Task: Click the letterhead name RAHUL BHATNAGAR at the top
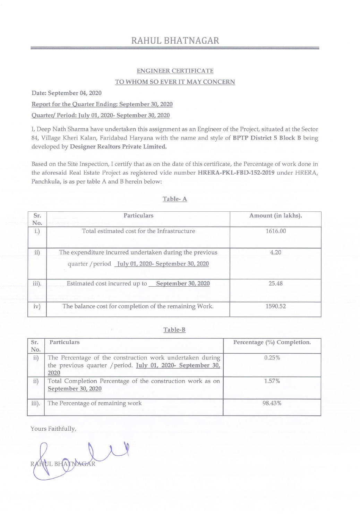point(175,41)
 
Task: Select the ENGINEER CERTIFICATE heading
point(175,71)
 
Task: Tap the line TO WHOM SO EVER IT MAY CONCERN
point(175,82)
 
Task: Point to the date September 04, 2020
point(75,93)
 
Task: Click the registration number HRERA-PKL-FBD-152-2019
point(236,173)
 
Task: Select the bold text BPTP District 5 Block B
point(267,138)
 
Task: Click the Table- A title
point(175,199)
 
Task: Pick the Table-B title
point(174,330)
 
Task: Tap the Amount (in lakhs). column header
point(275,216)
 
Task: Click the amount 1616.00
point(276,231)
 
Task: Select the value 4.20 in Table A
point(275,252)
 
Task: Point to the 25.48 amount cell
point(275,284)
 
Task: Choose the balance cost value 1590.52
point(275,306)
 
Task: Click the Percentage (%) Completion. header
point(272,342)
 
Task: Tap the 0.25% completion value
point(272,357)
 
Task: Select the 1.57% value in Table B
point(272,381)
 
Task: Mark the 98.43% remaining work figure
point(272,403)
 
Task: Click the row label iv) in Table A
point(37,306)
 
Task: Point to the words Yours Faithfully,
point(53,429)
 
